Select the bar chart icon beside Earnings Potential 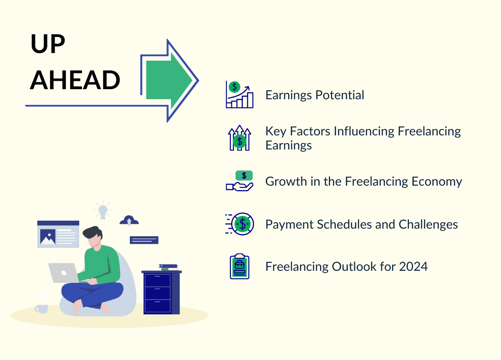[x=240, y=95]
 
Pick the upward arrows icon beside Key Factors [x=240, y=138]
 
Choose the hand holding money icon [x=240, y=181]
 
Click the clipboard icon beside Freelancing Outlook [x=240, y=266]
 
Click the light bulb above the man [x=103, y=211]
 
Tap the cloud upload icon [x=129, y=220]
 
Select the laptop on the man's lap [x=63, y=273]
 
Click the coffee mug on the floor [x=41, y=307]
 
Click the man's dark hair [x=93, y=233]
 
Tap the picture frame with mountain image [x=48, y=237]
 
